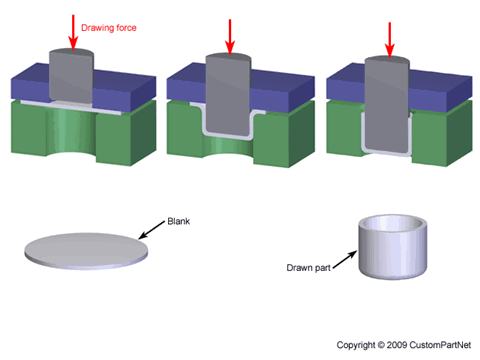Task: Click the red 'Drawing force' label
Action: (109, 28)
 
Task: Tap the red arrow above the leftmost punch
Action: (73, 32)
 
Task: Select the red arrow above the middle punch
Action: (230, 37)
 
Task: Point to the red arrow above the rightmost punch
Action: (389, 40)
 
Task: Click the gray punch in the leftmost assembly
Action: (71, 76)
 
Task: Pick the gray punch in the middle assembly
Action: (228, 95)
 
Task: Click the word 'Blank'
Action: (179, 221)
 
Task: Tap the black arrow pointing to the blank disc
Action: (152, 229)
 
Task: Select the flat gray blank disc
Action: (86, 251)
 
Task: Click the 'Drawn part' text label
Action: (309, 268)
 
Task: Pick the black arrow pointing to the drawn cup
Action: (345, 259)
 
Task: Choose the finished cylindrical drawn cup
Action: (392, 247)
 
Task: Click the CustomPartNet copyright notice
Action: (404, 345)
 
